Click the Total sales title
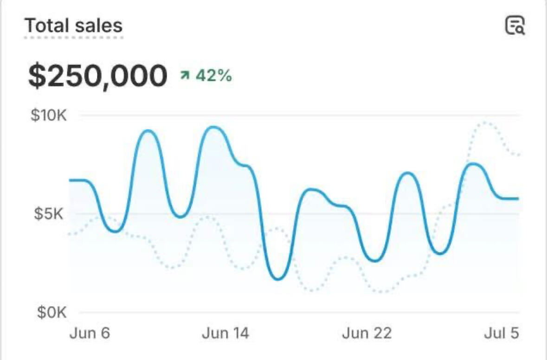(x=73, y=25)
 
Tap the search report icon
(x=515, y=25)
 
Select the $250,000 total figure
(x=97, y=76)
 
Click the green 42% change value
(x=213, y=75)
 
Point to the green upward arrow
(x=185, y=75)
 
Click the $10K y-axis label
(x=49, y=115)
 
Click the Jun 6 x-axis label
(x=90, y=333)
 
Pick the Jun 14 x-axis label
(x=225, y=333)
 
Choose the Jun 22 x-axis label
(x=367, y=333)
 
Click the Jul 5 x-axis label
(x=502, y=333)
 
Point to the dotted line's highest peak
(x=485, y=122)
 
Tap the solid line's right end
(x=518, y=199)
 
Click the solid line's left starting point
(x=70, y=180)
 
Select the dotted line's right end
(x=519, y=154)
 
